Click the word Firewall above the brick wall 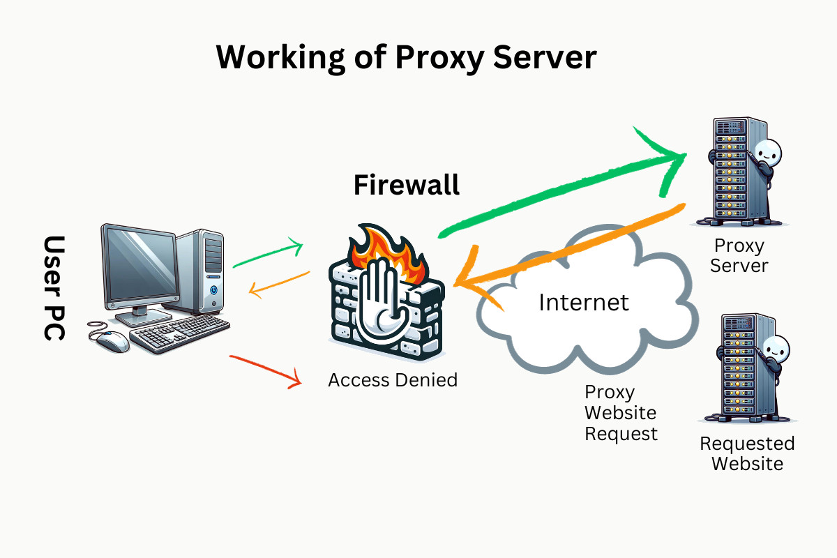click(x=407, y=185)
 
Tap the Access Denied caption click(x=393, y=380)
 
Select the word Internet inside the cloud click(x=584, y=302)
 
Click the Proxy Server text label click(x=739, y=255)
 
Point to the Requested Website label click(x=747, y=453)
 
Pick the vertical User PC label click(x=54, y=288)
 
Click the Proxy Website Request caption click(x=620, y=413)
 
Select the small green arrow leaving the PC click(x=269, y=254)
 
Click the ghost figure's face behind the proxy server click(x=768, y=152)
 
